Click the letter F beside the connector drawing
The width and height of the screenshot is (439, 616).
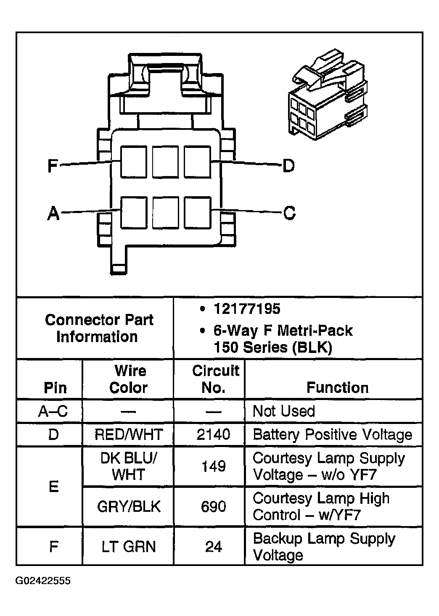tap(52, 165)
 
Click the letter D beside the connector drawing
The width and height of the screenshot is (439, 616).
tap(288, 166)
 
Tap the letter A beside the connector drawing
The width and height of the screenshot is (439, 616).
tap(53, 214)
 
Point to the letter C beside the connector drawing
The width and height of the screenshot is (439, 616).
tap(289, 213)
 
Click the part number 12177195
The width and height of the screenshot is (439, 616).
tap(247, 309)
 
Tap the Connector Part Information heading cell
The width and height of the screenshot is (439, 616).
tap(99, 328)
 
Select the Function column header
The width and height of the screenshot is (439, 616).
tap(337, 387)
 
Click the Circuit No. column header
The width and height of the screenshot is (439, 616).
tap(215, 379)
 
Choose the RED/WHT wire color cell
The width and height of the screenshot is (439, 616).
tap(128, 434)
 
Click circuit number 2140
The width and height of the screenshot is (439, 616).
tap(213, 434)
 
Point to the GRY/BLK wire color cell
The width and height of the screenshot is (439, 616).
tap(128, 507)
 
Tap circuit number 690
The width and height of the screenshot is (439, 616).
tap(213, 507)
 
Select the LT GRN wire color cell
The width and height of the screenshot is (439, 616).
tap(128, 547)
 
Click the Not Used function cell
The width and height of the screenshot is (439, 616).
tap(284, 411)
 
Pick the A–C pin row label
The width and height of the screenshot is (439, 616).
tap(53, 411)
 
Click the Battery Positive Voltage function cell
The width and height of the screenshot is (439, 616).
tap(333, 434)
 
